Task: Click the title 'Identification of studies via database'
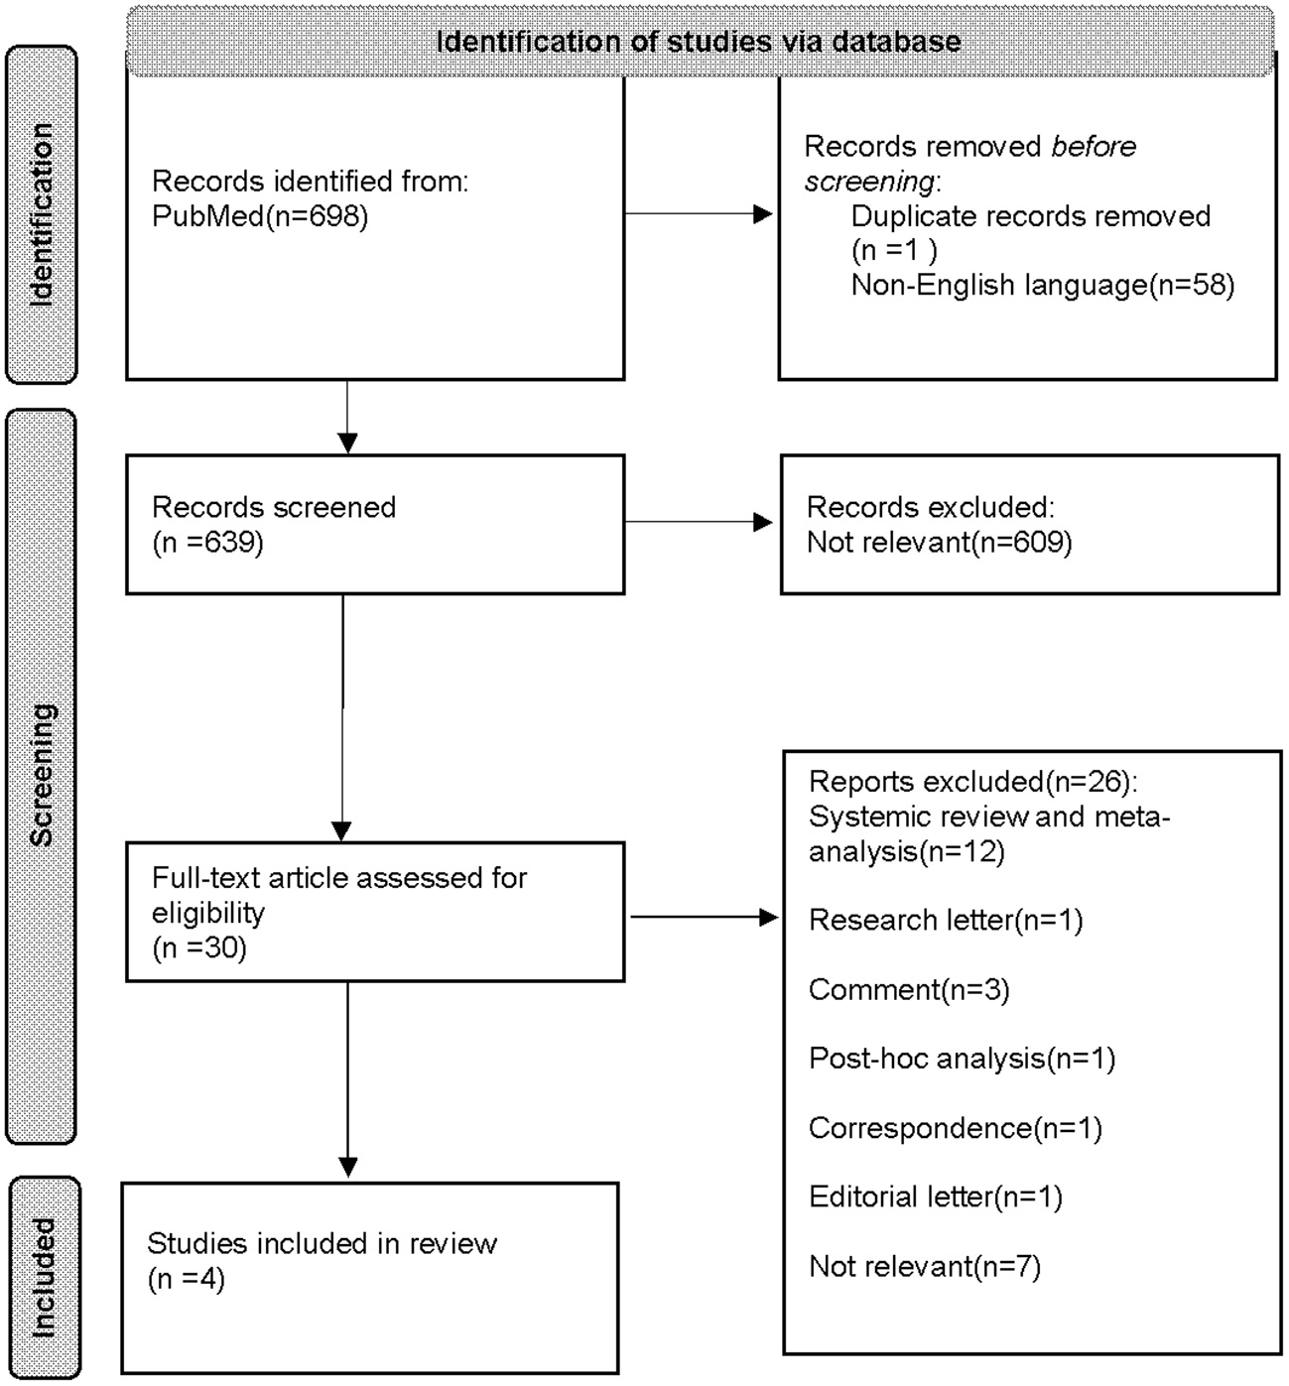pos(699,42)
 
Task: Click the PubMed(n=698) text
pos(260,216)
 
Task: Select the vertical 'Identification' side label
pos(41,214)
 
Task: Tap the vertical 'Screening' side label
pos(41,775)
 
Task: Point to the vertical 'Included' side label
pos(43,1278)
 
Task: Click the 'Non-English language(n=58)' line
pos(1042,286)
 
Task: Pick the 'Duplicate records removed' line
pos(1030,216)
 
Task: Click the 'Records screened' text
pos(274,507)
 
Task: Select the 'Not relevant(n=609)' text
pos(939,542)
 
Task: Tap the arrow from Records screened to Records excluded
pos(699,522)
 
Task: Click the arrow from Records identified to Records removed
pos(699,213)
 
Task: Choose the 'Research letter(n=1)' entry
pos(945,920)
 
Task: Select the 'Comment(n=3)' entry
pos(908,989)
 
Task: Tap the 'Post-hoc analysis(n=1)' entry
pos(962,1059)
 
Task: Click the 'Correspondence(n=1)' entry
pos(955,1128)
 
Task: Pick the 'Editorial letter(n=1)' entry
pos(935,1197)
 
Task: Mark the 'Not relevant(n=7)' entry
pos(924,1266)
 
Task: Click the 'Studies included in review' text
pos(322,1243)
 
